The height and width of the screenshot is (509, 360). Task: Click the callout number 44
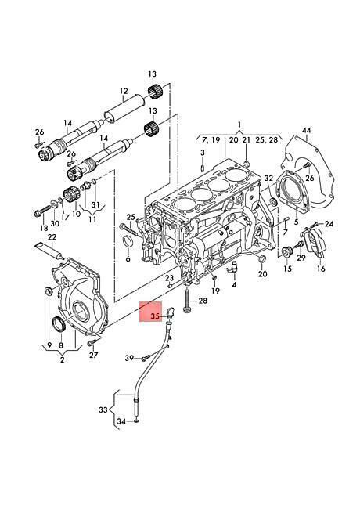pos(306,131)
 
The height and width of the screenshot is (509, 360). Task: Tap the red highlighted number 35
pos(157,316)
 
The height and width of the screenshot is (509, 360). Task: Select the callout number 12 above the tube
pos(124,91)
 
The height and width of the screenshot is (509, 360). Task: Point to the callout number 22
pos(52,237)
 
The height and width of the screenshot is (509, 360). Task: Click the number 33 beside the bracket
pos(103,410)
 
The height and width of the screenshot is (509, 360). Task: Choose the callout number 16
pos(321,269)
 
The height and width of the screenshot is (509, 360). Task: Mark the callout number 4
pos(234,285)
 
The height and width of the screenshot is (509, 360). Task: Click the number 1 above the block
pos(239,125)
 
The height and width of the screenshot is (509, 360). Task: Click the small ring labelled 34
pos(137,421)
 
